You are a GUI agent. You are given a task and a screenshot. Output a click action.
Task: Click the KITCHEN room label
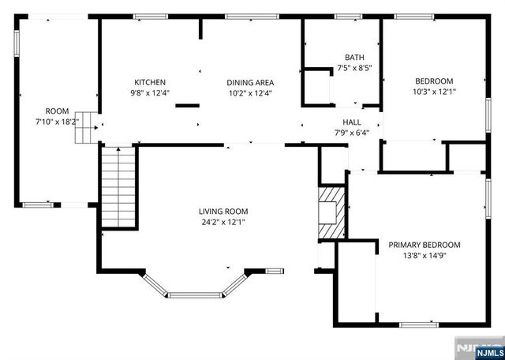(x=150, y=82)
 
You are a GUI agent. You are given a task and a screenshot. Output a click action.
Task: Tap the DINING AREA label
(x=250, y=82)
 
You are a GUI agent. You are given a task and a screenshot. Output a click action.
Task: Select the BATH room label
(x=354, y=57)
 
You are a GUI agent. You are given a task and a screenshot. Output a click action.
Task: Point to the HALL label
(x=352, y=122)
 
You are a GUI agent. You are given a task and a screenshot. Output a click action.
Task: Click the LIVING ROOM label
(x=223, y=212)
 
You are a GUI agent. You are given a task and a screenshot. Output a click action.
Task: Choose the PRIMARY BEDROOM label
(x=425, y=245)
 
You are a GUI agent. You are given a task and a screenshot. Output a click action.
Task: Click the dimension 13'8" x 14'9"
(x=425, y=256)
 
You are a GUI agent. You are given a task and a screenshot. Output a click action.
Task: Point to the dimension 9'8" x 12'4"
(x=150, y=93)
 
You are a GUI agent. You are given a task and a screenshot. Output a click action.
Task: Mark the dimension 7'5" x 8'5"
(x=354, y=68)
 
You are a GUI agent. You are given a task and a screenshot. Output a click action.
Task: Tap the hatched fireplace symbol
(x=331, y=212)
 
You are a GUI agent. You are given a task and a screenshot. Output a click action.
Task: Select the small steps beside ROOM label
(x=85, y=128)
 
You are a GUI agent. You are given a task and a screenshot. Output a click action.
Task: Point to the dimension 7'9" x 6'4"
(x=352, y=133)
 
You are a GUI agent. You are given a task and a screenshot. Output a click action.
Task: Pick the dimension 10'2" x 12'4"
(x=250, y=93)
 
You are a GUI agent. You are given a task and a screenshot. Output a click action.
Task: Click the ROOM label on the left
(x=58, y=111)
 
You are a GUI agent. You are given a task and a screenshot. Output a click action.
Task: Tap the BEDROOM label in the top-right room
(x=435, y=81)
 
